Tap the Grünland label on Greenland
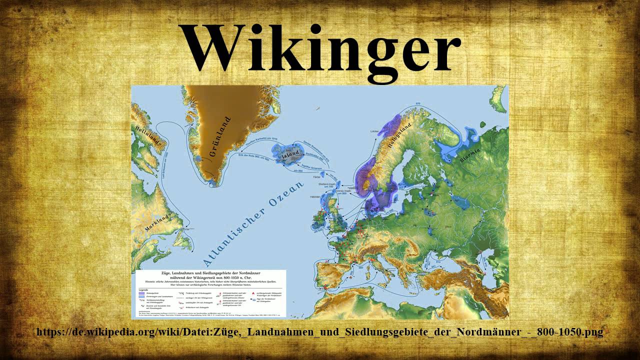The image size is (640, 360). [218, 137]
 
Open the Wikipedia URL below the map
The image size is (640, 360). [320, 332]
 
